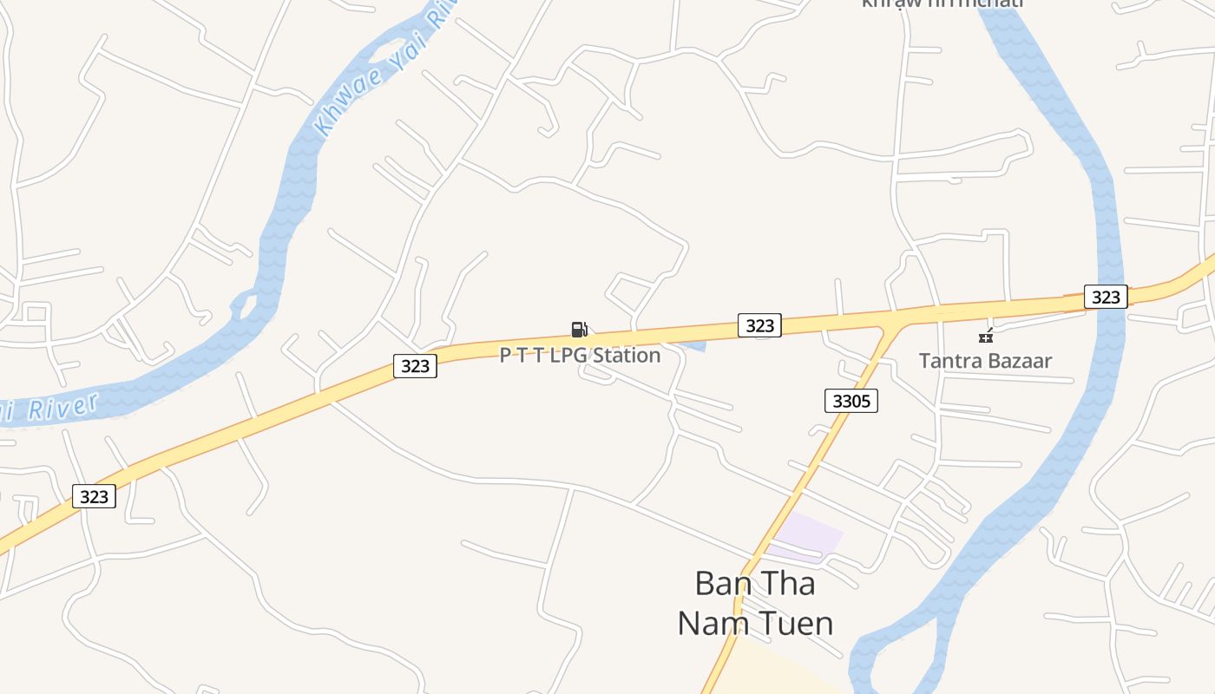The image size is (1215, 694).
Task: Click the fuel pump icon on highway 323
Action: [x=579, y=329]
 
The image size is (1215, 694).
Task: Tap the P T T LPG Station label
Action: [x=580, y=355]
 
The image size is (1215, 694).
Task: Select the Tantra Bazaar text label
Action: [x=985, y=361]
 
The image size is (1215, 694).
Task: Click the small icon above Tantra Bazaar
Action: [x=985, y=336]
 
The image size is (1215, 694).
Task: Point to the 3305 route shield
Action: [x=851, y=400]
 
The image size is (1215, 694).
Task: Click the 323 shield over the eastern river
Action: [x=1106, y=297]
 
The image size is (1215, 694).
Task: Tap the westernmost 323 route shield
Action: [x=93, y=496]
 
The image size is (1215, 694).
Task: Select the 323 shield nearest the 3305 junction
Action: [x=759, y=325]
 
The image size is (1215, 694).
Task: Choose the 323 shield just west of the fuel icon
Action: [x=415, y=366]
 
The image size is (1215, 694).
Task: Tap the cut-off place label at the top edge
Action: [x=942, y=3]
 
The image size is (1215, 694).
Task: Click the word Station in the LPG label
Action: [x=627, y=355]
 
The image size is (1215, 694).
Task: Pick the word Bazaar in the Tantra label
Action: [x=1019, y=361]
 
